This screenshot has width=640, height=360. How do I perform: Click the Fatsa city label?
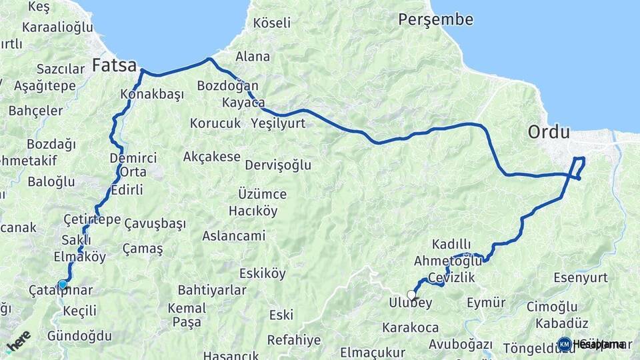tap(114, 65)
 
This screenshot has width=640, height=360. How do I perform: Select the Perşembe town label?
tap(436, 19)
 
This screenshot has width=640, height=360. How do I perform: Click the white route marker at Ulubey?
tap(411, 295)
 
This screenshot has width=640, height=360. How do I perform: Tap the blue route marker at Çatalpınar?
tap(63, 284)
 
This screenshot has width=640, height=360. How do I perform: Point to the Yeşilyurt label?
tap(278, 123)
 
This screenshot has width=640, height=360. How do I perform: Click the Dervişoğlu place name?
tap(278, 165)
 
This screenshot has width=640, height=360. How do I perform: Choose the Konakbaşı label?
tap(152, 94)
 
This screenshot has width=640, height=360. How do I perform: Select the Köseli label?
tap(272, 23)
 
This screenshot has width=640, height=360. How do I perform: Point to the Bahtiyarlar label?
tap(212, 290)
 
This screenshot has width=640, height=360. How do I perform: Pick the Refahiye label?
tap(294, 340)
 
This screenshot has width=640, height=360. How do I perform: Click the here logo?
tap(18, 341)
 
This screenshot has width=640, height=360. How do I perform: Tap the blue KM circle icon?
tap(565, 344)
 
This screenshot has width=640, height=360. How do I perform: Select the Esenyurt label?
tap(581, 277)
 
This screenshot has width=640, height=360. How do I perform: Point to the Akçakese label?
tap(211, 157)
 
